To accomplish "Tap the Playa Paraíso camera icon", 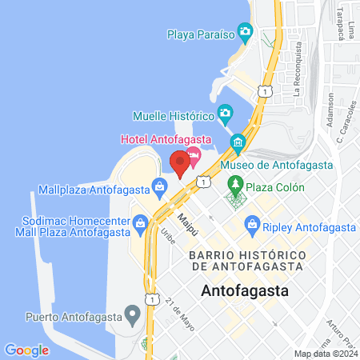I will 246,33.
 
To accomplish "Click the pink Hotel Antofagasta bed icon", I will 193,154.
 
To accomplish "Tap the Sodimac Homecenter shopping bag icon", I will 140,221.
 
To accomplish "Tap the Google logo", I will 26,350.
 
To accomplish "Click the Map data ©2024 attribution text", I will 325,354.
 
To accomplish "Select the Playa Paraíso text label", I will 201,34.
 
